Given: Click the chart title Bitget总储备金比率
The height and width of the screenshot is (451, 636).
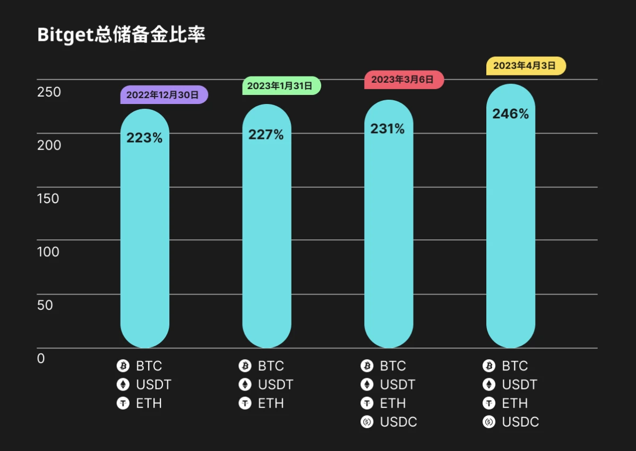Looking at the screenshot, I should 121,35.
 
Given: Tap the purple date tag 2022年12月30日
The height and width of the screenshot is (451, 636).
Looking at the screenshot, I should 164,95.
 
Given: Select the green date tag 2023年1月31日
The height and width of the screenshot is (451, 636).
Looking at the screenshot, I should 281,85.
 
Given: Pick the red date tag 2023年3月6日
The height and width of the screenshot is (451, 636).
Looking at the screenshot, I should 403,80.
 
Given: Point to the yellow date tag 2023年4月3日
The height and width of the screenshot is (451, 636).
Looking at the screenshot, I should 526,66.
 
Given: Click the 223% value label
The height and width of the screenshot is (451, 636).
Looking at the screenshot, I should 144,138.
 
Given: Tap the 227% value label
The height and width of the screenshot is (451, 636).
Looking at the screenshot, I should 266,135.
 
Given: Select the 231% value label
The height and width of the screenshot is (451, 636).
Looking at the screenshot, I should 388,128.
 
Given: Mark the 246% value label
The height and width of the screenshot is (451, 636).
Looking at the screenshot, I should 510,114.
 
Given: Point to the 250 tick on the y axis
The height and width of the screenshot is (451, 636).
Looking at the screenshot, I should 49,92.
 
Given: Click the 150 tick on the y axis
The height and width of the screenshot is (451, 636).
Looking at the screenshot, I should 48,198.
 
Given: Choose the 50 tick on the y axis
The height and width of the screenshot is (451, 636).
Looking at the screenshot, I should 45,305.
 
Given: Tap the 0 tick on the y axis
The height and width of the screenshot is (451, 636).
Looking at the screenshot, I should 41,359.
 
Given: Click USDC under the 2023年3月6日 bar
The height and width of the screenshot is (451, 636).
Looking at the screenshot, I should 398,422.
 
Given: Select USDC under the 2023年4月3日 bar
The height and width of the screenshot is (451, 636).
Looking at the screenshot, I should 520,422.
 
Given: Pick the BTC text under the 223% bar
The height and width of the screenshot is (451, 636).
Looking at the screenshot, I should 149,366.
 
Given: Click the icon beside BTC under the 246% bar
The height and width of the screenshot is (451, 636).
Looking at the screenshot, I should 489,366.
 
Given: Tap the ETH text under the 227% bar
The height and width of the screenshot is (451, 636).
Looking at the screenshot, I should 271,404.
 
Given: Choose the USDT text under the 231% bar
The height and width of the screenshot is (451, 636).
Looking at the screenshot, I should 398,385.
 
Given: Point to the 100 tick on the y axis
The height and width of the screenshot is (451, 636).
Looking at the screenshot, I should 48,251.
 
